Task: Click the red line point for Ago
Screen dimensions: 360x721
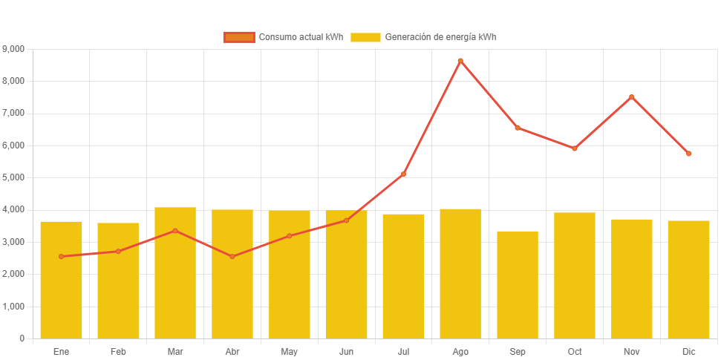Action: (x=460, y=61)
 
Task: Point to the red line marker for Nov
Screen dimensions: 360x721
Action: (x=632, y=96)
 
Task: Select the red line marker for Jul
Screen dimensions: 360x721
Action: (x=403, y=174)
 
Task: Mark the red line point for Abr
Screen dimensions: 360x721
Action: (x=232, y=257)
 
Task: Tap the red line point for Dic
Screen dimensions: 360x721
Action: (x=688, y=154)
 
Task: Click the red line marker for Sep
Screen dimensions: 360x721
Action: (x=518, y=128)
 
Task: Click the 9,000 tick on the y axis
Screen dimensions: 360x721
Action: (x=13, y=49)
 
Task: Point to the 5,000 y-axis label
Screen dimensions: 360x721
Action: (x=13, y=178)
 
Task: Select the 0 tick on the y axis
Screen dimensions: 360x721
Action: (x=22, y=338)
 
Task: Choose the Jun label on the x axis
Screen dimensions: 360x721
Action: (x=346, y=351)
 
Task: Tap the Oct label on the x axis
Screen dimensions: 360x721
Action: (x=575, y=351)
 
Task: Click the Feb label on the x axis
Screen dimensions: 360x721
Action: (x=118, y=351)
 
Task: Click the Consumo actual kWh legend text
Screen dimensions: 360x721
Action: (x=301, y=37)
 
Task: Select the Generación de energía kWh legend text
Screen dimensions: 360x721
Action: (x=440, y=37)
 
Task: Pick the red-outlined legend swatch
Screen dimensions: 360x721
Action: (x=238, y=37)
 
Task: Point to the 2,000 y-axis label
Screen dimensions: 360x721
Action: (x=13, y=275)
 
